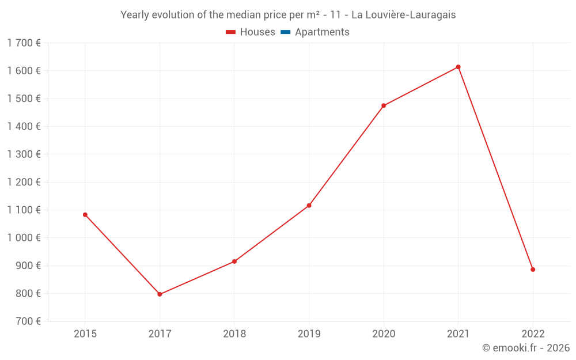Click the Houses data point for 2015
[x=85, y=215]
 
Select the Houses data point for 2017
[x=160, y=294]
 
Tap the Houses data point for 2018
[x=234, y=262]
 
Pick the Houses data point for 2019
[x=309, y=206]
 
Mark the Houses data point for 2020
[x=384, y=105]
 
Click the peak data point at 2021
[x=458, y=67]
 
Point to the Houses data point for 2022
[x=533, y=270]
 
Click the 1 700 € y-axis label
[x=24, y=43]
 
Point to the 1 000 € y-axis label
[x=24, y=238]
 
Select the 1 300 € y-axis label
[x=24, y=154]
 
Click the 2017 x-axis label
[x=160, y=334]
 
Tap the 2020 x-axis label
[x=384, y=334]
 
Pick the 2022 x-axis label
[x=533, y=334]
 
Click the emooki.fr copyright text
[x=525, y=348]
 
